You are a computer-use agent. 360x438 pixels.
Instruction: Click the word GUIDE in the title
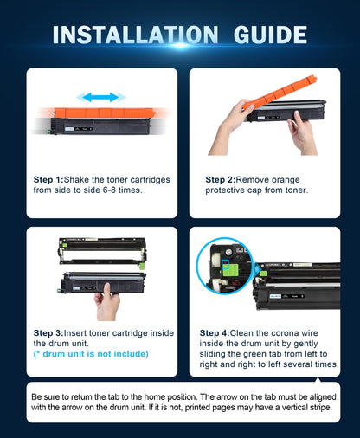click(x=263, y=35)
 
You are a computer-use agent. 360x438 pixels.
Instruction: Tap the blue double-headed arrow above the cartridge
click(x=98, y=98)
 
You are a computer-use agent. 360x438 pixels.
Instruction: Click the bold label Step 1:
click(x=54, y=180)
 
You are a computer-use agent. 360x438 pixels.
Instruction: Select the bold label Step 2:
click(x=221, y=180)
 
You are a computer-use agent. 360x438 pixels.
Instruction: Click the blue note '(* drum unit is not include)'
click(x=90, y=354)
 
